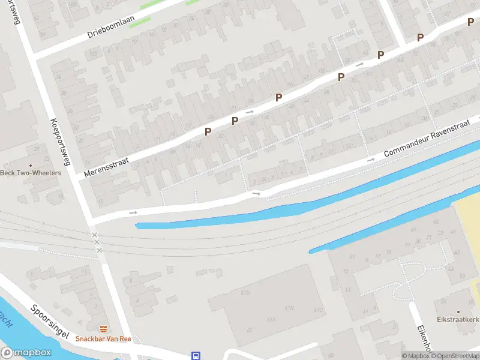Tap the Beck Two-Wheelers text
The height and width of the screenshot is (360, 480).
tap(31, 173)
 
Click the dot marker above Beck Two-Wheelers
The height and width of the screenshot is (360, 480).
tap(31, 165)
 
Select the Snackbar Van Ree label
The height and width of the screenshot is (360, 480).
tap(103, 338)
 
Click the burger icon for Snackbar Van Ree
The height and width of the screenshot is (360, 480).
tap(104, 328)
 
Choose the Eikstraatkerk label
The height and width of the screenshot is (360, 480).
tap(458, 320)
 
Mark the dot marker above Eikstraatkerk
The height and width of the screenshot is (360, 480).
tap(458, 312)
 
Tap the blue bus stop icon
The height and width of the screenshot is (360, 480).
tap(196, 355)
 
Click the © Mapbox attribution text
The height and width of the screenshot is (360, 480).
tap(415, 356)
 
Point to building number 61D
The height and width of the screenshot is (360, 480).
tap(245, 292)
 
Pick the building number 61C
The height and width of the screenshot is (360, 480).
tap(317, 309)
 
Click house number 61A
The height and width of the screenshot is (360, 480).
tap(271, 319)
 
